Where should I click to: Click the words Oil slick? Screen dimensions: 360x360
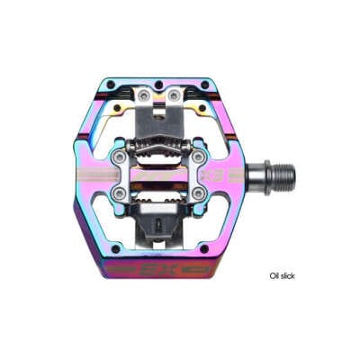point(282,275)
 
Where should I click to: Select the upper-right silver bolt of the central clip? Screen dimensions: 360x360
point(196,157)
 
